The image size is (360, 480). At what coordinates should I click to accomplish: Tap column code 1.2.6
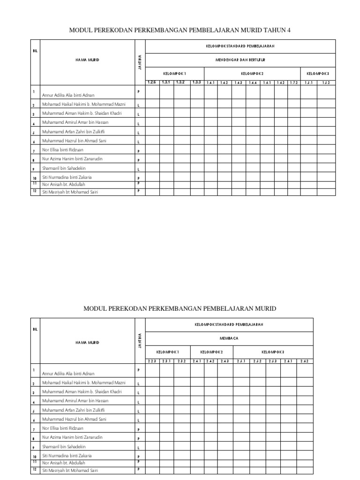tap(152, 82)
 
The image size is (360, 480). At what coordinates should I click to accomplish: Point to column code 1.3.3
tap(196, 82)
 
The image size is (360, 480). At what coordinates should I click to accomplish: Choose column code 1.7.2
tap(293, 83)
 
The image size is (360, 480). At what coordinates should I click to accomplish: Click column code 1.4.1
tap(210, 83)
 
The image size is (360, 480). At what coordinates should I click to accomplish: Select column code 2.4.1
tap(196, 361)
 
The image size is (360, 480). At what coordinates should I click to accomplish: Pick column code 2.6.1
tap(287, 361)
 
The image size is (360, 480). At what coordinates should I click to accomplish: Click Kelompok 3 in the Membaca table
tap(273, 352)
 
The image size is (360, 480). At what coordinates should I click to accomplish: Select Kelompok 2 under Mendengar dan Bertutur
tap(252, 74)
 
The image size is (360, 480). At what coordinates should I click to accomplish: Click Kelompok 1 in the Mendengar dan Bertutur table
tap(174, 74)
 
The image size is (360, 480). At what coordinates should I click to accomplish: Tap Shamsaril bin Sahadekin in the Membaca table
tap(64, 446)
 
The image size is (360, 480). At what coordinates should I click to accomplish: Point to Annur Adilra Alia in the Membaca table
tap(68, 374)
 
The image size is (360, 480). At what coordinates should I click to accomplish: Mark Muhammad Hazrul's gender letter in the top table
tap(138, 142)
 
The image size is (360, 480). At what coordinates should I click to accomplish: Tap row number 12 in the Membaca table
tap(35, 469)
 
